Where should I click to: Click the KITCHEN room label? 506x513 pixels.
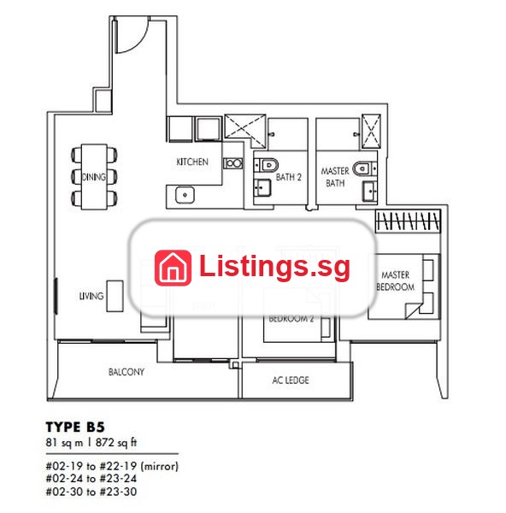pos(192,162)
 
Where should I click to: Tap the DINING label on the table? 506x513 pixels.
pos(94,177)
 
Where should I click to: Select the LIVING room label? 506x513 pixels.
pos(91,296)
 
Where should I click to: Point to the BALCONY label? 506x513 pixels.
pos(126,372)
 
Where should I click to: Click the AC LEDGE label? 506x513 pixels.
pos(291,380)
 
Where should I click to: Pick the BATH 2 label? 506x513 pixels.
pos(289,177)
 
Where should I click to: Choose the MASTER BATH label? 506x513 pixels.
pos(335,177)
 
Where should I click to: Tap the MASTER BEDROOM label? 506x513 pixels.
pos(396,280)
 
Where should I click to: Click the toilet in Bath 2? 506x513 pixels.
pos(267,165)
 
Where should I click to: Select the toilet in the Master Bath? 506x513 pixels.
pos(364,168)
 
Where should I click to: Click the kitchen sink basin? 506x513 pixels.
pos(185,195)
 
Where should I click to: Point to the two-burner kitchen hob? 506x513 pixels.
pos(233,163)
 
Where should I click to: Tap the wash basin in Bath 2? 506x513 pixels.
pos(262,188)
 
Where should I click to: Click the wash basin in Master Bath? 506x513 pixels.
pos(369,191)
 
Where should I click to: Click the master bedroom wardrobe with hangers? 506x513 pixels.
pos(408,221)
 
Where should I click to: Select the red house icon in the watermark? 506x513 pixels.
pos(173,268)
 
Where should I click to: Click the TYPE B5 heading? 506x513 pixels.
pos(75,427)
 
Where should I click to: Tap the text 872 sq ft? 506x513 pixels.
pos(116,443)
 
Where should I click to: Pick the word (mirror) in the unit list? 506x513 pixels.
pos(159,466)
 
